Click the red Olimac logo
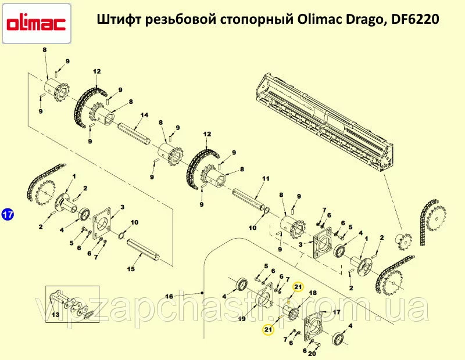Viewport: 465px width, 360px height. (x=36, y=23)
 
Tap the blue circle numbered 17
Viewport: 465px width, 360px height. (x=8, y=214)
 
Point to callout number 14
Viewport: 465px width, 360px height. (x=144, y=115)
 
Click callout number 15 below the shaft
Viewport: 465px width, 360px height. (x=131, y=269)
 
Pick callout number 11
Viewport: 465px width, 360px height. (x=266, y=178)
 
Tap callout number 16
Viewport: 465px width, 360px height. (x=169, y=296)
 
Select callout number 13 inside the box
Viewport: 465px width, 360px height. (x=55, y=314)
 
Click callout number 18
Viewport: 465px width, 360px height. (x=313, y=293)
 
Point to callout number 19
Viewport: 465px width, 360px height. (x=242, y=319)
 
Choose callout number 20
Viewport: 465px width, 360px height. (x=312, y=353)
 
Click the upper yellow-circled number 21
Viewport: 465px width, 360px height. (x=298, y=287)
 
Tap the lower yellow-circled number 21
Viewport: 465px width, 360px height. (x=268, y=329)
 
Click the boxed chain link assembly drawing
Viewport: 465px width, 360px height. (x=71, y=305)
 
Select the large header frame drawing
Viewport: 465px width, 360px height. (x=324, y=121)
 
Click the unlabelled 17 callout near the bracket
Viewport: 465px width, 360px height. (x=337, y=312)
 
